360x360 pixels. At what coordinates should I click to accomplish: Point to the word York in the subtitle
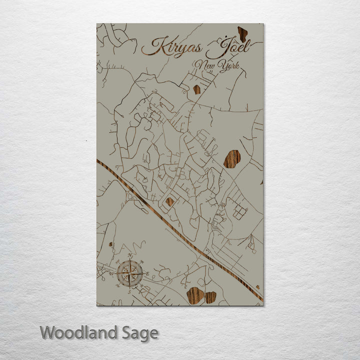point(229,65)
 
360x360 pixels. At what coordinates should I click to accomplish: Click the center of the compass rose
point(130,273)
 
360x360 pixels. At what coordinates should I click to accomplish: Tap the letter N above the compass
point(130,255)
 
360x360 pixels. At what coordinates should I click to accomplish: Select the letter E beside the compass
point(147,273)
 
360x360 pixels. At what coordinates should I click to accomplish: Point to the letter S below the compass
point(130,290)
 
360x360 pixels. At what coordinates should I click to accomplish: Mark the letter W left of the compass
point(112,273)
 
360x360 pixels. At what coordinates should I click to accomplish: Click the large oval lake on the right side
point(232,159)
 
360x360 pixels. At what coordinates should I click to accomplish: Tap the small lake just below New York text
point(196,89)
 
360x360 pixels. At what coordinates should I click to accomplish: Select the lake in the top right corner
point(242,34)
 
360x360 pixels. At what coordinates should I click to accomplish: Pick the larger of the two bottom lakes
point(195,295)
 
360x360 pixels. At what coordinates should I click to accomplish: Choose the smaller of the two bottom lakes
point(211,297)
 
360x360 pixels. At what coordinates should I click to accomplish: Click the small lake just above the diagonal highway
point(170,201)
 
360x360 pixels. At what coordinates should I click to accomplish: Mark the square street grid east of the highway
point(239,212)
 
